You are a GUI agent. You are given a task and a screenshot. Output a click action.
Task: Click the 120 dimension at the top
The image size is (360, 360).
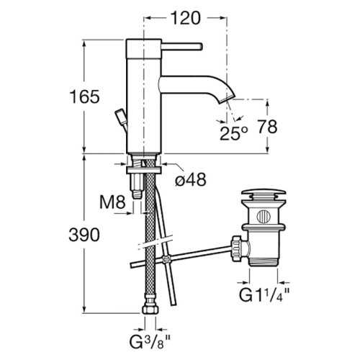click(185, 18)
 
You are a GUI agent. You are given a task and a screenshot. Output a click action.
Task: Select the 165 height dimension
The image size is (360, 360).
click(84, 96)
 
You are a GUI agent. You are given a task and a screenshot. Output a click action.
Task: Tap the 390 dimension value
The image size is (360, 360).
click(84, 235)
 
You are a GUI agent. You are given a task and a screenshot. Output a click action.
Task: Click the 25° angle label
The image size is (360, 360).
click(233, 132)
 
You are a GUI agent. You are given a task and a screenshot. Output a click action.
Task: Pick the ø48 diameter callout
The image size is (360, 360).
click(191, 179)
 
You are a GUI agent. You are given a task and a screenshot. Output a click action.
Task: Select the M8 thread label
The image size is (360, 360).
click(112, 202)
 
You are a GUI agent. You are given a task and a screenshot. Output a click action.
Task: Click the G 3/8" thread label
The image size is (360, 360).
click(150, 342)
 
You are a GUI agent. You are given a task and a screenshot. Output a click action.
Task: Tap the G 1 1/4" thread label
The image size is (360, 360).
click(264, 294)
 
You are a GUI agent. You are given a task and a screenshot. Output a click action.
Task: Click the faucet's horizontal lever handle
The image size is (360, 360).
click(182, 47)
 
